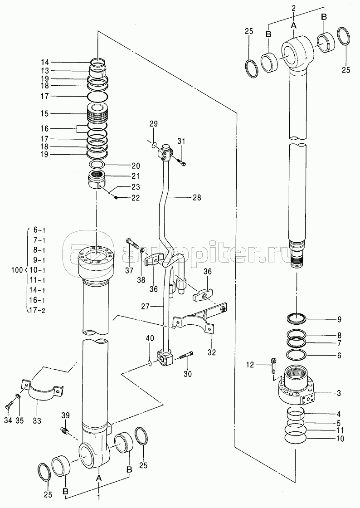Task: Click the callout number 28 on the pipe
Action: click(x=197, y=197)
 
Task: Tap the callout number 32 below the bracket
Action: click(x=212, y=352)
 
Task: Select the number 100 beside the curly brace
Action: click(x=17, y=270)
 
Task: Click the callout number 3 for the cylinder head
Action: click(x=339, y=393)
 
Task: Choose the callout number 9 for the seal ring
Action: click(x=339, y=319)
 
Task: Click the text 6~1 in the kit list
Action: click(x=39, y=230)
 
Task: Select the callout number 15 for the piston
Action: click(x=45, y=113)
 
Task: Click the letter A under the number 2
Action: click(x=294, y=24)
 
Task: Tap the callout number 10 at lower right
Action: click(x=340, y=439)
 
